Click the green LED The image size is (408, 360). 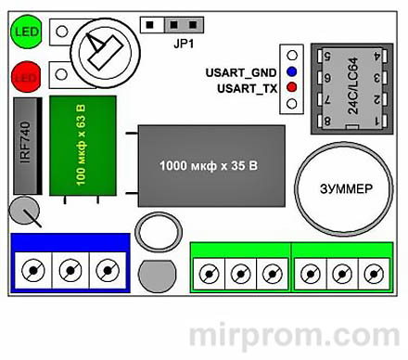[x=25, y=33]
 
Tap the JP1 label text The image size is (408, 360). [x=185, y=43]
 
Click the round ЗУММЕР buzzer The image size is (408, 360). [x=338, y=188]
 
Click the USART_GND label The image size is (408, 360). [x=242, y=71]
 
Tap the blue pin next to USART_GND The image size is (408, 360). [x=292, y=71]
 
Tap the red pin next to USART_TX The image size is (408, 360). [x=292, y=87]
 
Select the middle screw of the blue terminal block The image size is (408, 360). [x=68, y=271]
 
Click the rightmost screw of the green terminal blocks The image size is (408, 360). [x=373, y=273]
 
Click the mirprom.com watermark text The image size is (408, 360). [x=295, y=335]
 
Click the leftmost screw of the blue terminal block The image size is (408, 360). [x=34, y=271]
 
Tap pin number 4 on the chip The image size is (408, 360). [x=377, y=56]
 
